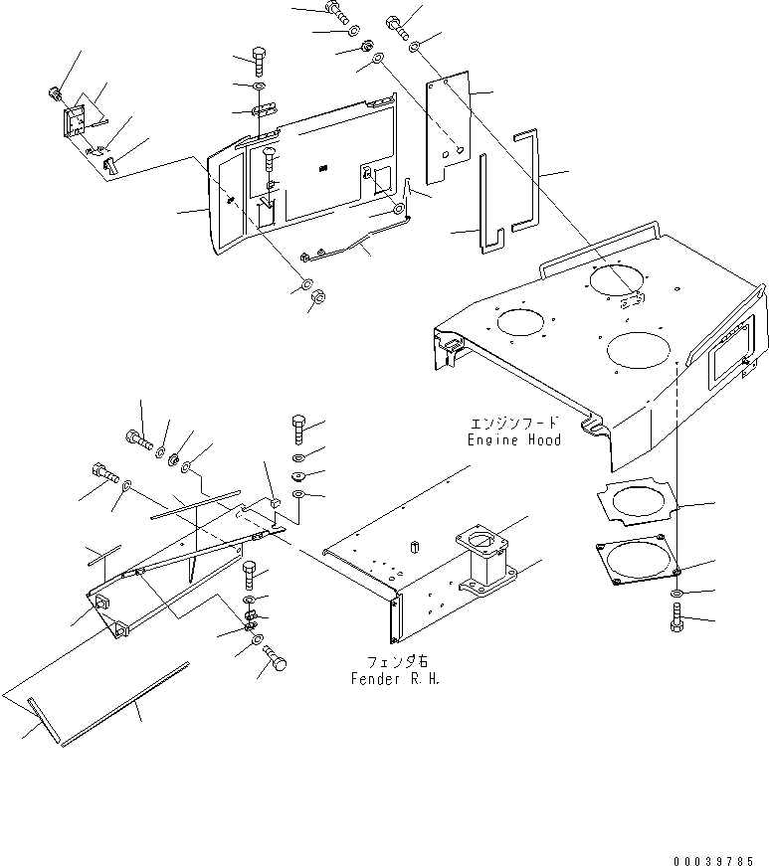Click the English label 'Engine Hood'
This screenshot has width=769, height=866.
[514, 439]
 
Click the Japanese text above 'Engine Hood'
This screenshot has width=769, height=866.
[514, 423]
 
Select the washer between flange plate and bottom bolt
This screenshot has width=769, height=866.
[675, 595]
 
